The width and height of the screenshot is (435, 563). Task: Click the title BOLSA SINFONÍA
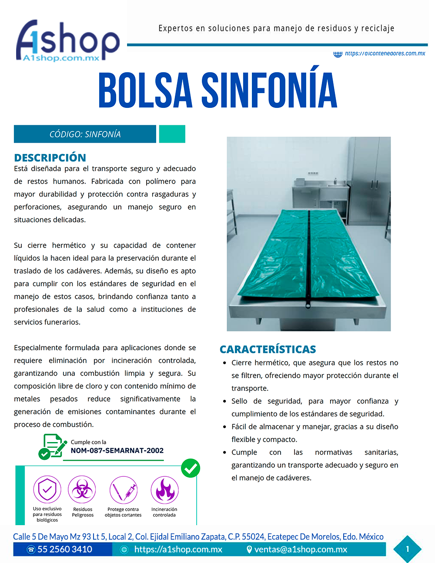pos(217,90)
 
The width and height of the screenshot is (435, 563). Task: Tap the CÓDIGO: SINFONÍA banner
pos(85,134)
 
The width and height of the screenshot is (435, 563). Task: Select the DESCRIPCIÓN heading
pos(50,158)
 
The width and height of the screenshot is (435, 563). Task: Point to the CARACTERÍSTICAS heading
pos(268,349)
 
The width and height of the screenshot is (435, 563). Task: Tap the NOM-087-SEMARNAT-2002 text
pos(117,451)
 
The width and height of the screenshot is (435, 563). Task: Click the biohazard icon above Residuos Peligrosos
pos(81,490)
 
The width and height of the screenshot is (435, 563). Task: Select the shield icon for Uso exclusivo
pos(47,489)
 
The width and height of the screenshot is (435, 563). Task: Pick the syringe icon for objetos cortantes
pos(124,490)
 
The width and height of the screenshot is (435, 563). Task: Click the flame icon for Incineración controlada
pos(164,490)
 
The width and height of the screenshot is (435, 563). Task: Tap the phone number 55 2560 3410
pos(64,550)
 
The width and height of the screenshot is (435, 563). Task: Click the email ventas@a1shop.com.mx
pos(301,550)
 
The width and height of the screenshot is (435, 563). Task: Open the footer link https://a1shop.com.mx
pos(178,550)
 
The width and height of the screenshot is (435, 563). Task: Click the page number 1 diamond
pos(407,549)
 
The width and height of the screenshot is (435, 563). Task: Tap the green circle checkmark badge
pos(190,468)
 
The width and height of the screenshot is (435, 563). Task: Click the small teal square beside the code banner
pos(172,134)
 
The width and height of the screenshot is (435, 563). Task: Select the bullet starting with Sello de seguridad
pos(315,407)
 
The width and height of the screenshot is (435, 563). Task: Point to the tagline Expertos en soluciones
pos(276,28)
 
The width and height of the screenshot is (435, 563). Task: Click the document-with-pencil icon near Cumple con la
pos(53,446)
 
